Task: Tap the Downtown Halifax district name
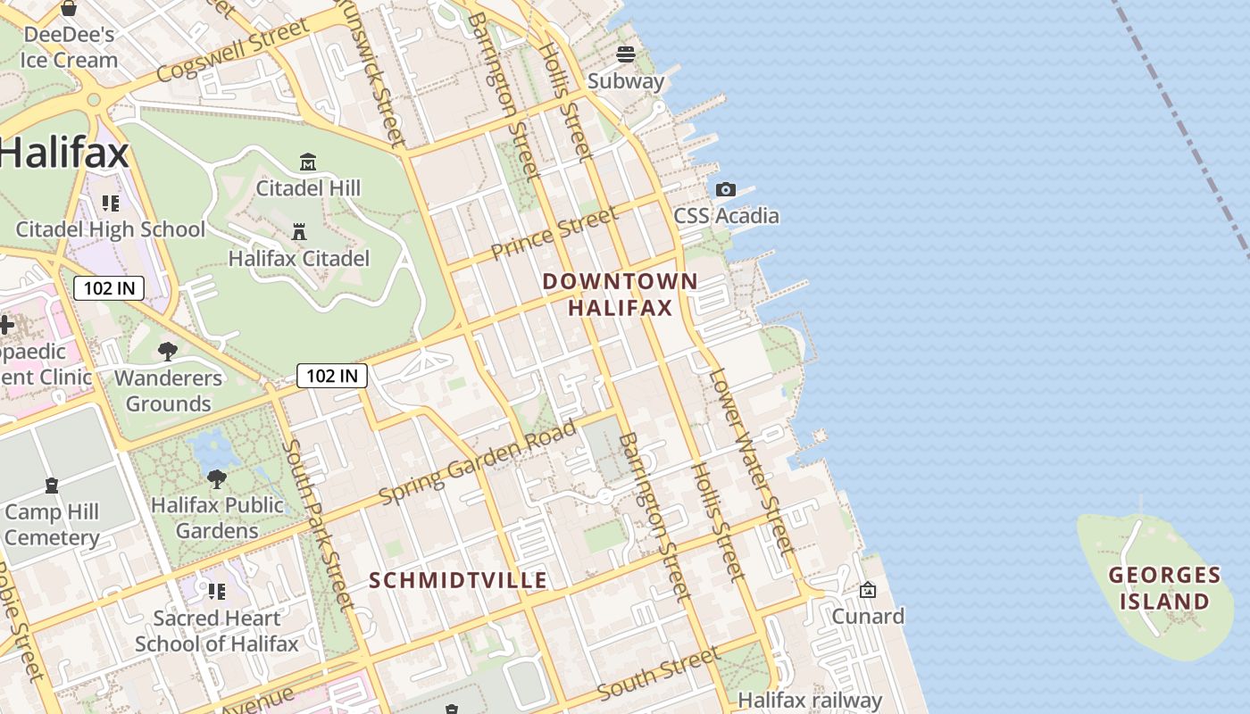point(620,295)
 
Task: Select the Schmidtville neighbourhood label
point(458,580)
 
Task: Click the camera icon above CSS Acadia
point(726,189)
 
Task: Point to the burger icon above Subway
point(626,54)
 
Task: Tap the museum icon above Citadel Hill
point(308,162)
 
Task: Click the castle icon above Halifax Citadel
point(299,232)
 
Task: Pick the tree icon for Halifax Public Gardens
point(216,479)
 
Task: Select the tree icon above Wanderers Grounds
point(167,352)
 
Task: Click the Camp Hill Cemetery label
point(52,525)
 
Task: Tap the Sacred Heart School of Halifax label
point(217,630)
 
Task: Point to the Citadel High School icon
point(111,203)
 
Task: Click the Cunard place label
point(868,616)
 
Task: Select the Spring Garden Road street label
point(478,461)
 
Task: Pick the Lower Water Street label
point(751,460)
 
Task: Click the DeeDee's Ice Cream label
point(69,47)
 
